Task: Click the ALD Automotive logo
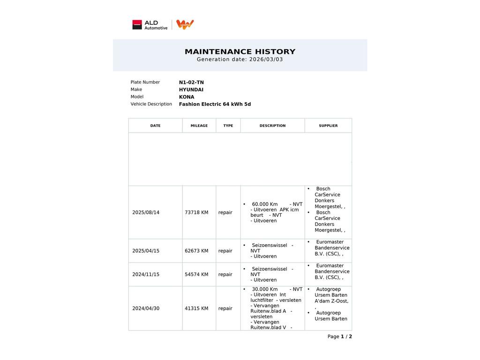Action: (x=150, y=25)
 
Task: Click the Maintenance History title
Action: (x=240, y=52)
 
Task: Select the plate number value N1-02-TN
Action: (x=191, y=82)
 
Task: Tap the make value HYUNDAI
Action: (x=191, y=90)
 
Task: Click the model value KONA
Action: (x=187, y=97)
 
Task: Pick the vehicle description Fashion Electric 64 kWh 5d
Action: (x=215, y=104)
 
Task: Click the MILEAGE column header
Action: (x=199, y=126)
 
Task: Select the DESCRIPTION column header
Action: (x=272, y=126)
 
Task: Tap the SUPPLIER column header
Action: (x=328, y=126)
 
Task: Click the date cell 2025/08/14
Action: (x=146, y=212)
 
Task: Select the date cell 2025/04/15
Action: (x=146, y=251)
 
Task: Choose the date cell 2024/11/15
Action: (x=146, y=275)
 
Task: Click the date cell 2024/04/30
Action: (x=146, y=308)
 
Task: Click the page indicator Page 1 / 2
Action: (x=339, y=337)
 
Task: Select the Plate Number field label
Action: (x=145, y=82)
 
